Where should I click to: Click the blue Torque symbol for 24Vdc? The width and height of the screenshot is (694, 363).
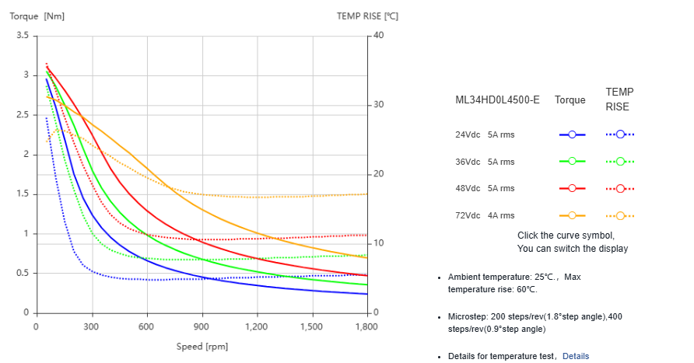572,134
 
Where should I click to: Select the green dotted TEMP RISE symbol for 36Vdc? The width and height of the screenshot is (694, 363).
620,162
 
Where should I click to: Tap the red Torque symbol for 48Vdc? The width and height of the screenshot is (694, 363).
572,188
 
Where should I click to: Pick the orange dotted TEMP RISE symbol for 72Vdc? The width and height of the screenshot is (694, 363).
620,215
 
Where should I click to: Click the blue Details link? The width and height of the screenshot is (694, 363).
576,356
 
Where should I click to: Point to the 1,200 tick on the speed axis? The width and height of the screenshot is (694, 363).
256,327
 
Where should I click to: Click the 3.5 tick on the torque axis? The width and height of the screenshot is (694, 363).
22,36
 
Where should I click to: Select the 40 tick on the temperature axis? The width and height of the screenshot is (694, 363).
378,36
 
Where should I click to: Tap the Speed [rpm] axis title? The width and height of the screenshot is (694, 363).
202,347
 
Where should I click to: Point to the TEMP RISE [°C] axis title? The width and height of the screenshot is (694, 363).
367,16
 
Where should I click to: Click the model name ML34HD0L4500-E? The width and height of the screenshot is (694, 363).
497,100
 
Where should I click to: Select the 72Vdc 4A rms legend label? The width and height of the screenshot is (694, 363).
485,215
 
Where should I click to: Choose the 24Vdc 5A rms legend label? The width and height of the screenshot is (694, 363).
485,134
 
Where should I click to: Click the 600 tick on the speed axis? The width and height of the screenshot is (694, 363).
146,327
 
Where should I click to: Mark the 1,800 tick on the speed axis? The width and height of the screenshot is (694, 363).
366,327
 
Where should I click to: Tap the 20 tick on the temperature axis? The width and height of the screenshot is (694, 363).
378,174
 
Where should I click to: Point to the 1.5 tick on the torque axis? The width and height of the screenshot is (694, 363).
22,194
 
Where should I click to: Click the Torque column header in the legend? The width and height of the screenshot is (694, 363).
570,100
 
